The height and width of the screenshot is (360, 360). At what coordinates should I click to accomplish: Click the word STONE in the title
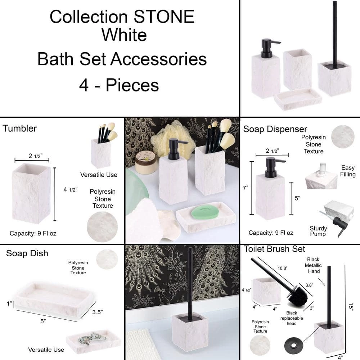[x=164, y=17]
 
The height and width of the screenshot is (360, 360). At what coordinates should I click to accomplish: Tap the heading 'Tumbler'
[x=20, y=129]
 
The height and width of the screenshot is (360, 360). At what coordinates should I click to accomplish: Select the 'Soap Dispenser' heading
[x=275, y=129]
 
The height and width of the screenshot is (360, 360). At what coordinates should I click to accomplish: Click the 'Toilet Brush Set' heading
[x=274, y=249]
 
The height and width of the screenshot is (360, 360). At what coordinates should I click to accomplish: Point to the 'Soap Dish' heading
[x=27, y=253]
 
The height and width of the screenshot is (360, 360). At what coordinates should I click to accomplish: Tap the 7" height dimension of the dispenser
[x=246, y=188]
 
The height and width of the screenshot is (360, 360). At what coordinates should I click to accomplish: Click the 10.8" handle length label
[x=282, y=268]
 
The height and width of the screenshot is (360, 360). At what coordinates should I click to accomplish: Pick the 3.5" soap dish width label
[x=97, y=312]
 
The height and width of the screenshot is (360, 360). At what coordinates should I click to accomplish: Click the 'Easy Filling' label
[x=348, y=171]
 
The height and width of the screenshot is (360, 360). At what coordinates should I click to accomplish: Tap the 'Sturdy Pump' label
[x=318, y=231]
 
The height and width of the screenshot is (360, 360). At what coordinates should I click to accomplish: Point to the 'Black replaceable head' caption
[x=292, y=318]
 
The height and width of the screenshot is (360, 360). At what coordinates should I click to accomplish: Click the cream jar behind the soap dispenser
[x=146, y=163]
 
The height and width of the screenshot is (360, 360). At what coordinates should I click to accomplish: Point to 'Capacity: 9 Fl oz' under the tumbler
[x=33, y=234]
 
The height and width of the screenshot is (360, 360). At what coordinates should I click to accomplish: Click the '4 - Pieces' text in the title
[x=119, y=85]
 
